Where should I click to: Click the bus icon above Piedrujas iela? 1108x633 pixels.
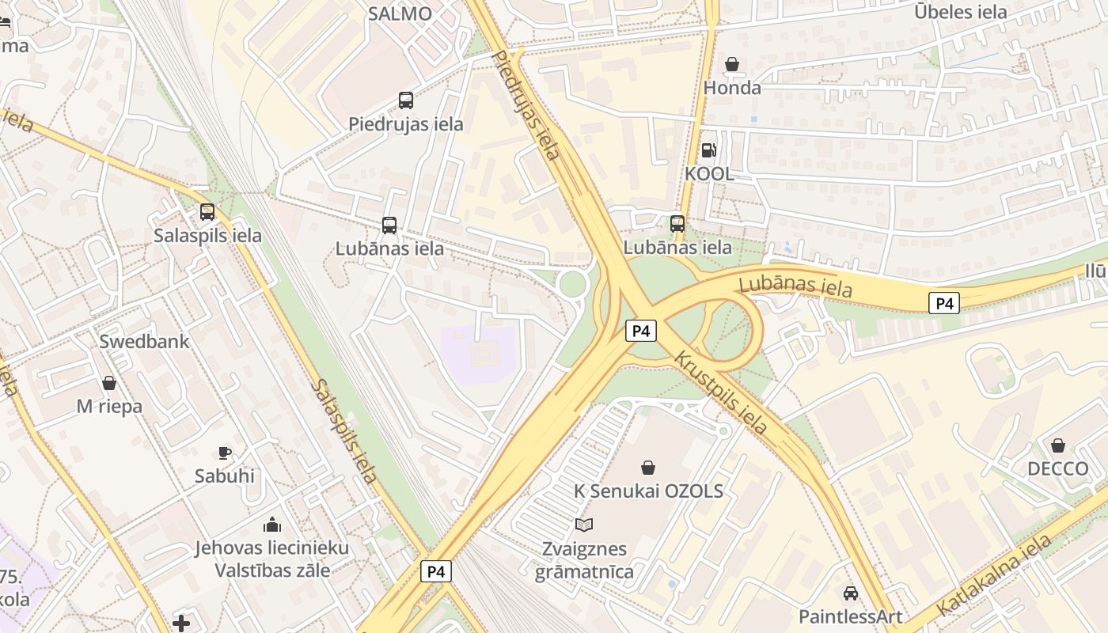point(406,100)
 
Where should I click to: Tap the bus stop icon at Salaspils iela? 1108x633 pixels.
point(207,212)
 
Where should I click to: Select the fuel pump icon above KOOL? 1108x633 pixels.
point(708,150)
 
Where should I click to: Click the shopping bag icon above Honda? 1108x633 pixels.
point(732,64)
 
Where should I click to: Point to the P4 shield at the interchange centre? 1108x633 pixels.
point(641,331)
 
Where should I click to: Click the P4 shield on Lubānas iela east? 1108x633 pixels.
point(943,303)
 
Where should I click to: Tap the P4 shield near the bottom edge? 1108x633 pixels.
point(435,571)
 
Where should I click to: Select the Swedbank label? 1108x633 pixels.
point(144,342)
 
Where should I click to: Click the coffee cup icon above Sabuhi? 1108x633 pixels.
point(225,453)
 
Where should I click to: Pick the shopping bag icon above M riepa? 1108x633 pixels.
point(109,383)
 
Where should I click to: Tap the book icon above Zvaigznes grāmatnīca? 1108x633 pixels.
point(584,525)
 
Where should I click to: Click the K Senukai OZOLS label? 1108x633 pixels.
point(648,491)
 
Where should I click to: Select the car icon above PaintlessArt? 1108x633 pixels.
point(851,593)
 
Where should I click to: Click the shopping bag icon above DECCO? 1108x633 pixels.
point(1058,445)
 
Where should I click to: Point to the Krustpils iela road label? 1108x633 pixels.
point(720,392)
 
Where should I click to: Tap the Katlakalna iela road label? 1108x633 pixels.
point(995,575)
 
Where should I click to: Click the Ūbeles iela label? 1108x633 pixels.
point(960,12)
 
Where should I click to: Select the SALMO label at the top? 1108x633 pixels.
point(400,13)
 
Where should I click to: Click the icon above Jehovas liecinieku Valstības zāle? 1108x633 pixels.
point(271,525)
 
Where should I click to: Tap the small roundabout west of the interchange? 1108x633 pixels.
point(572,283)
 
